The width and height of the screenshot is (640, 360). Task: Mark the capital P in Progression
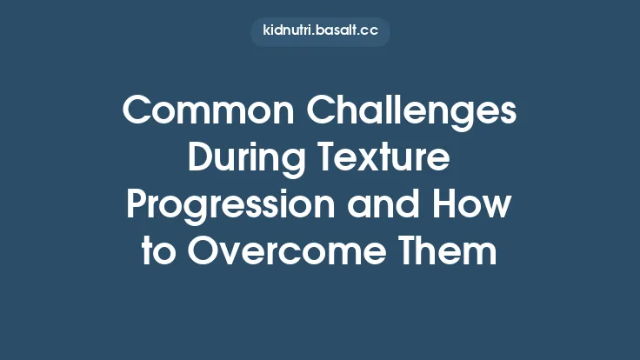[x=137, y=205]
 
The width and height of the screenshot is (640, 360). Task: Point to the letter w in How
[x=500, y=209]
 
